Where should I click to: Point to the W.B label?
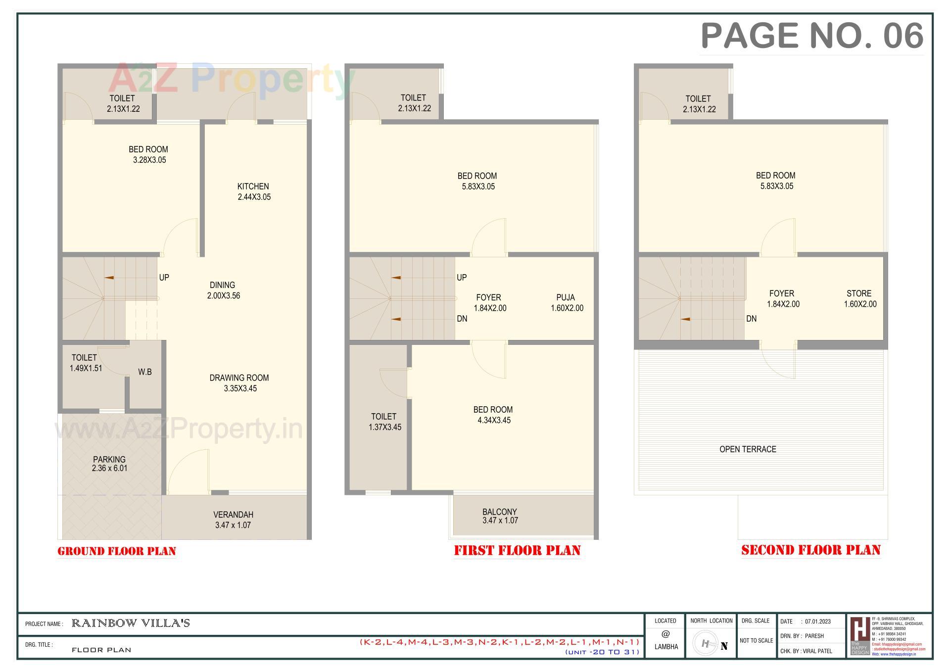click(145, 372)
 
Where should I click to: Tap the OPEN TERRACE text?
click(748, 449)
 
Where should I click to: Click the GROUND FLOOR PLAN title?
click(117, 551)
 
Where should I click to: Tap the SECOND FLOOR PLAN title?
click(810, 550)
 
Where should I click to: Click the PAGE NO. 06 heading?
click(812, 36)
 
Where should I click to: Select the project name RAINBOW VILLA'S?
click(131, 624)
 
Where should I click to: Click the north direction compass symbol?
click(706, 644)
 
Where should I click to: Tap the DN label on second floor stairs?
click(751, 319)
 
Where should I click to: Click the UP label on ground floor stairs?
click(164, 278)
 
